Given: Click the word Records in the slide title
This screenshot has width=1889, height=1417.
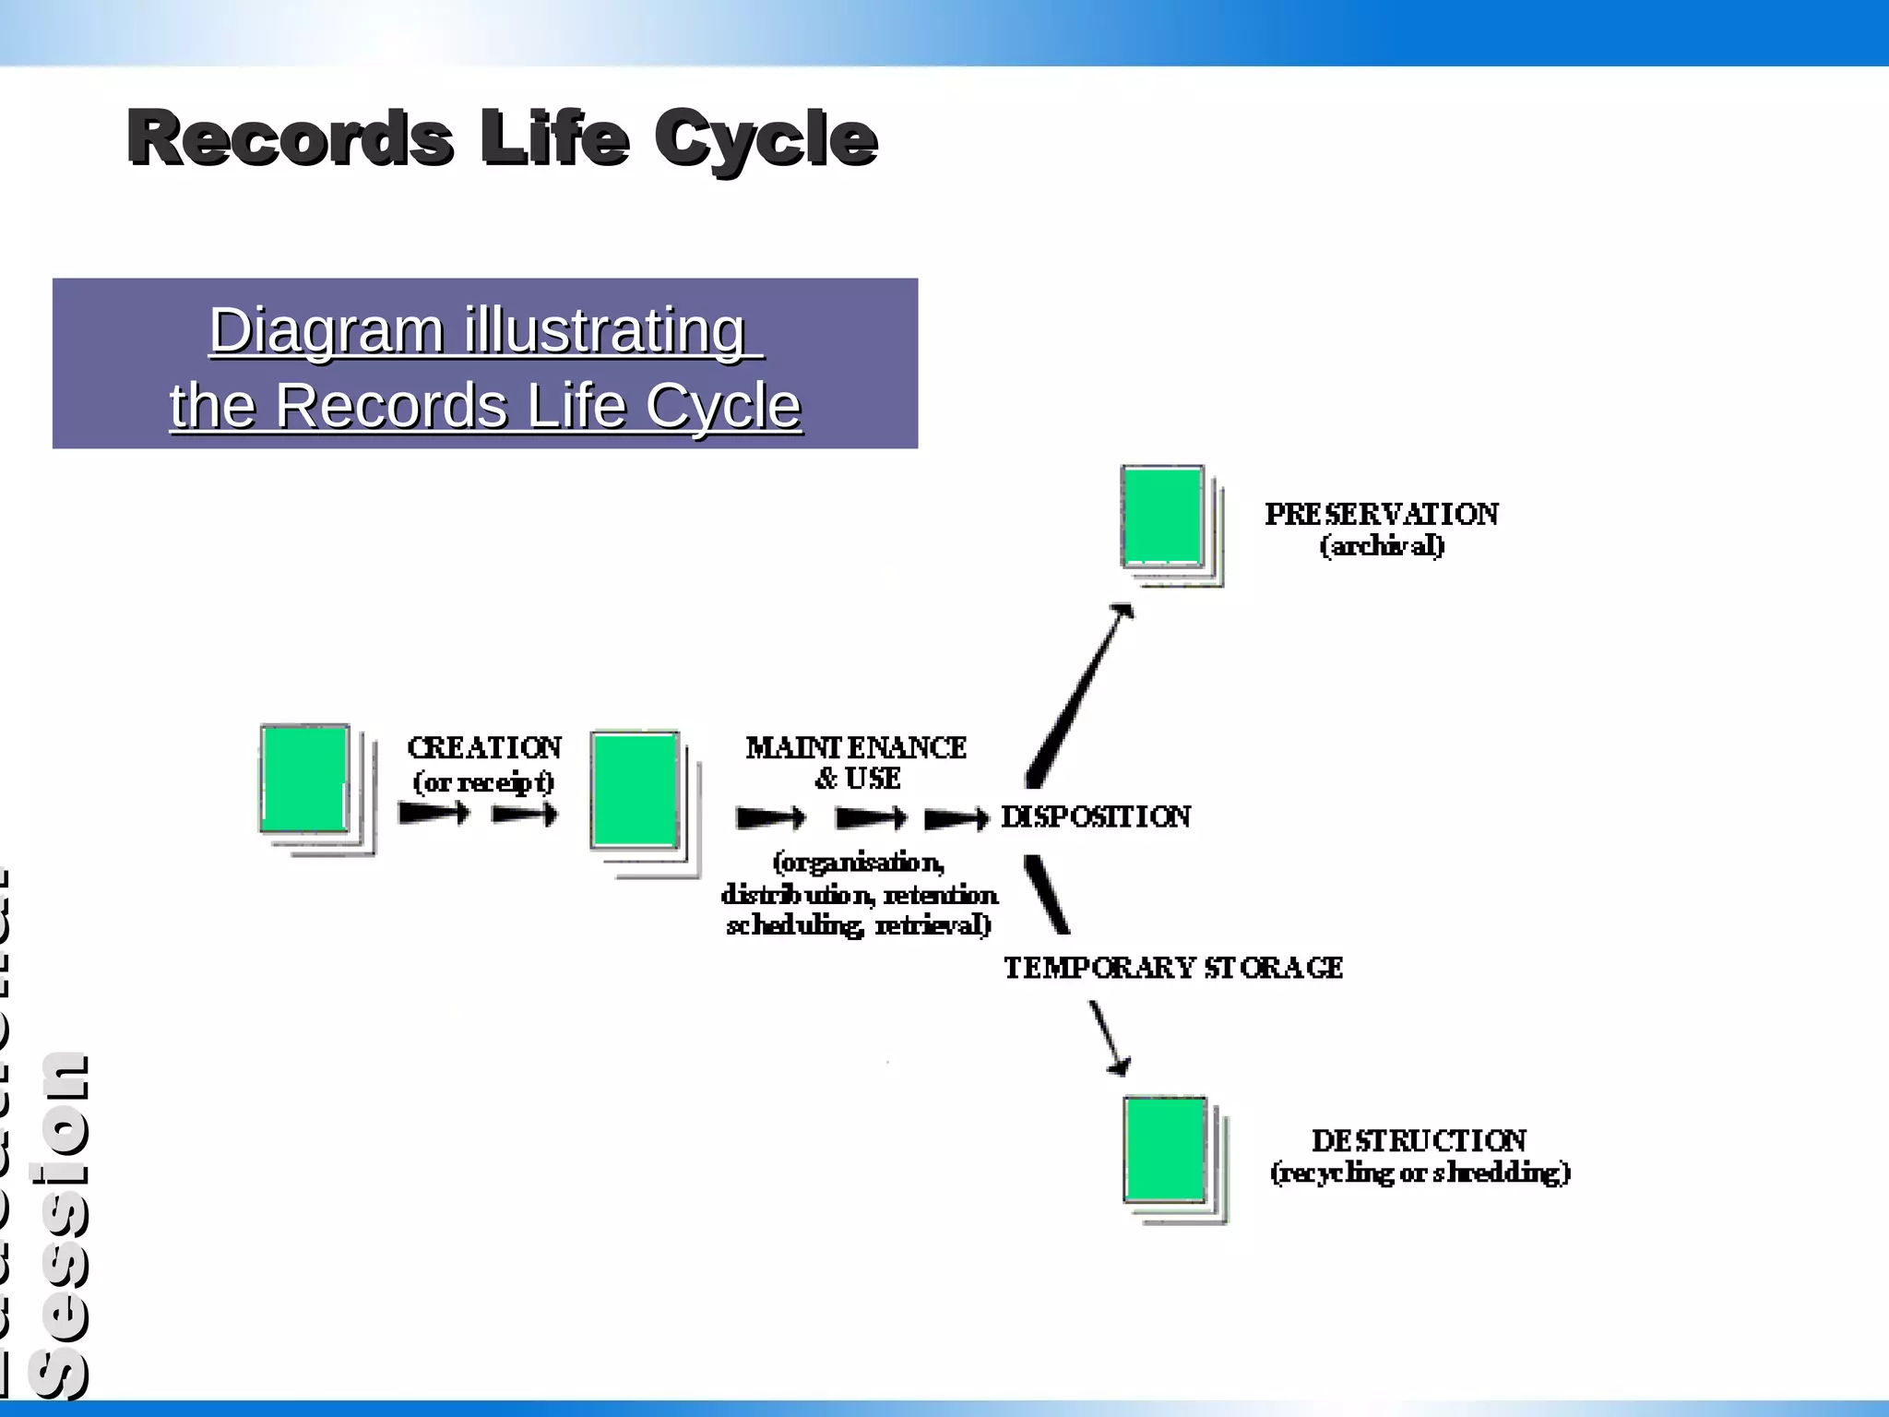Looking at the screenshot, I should point(290,138).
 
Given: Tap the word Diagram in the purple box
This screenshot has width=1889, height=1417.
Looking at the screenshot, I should point(327,330).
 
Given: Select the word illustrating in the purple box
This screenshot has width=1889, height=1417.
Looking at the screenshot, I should point(605,330).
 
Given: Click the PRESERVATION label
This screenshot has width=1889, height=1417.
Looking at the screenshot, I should point(1381,514).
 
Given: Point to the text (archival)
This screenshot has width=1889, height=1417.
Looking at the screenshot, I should point(1381,546).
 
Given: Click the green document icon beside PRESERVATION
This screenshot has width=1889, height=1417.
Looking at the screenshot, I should point(1163,517).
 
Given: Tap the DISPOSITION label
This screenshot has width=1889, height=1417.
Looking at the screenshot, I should point(1096,816).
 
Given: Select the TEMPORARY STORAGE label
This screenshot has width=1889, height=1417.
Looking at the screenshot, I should point(1172,968).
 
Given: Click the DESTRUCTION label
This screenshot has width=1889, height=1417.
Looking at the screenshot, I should point(1419,1141).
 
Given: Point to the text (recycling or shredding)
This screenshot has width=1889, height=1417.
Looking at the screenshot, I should point(1419,1173).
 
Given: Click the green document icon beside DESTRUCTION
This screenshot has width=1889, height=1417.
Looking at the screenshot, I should point(1165,1149).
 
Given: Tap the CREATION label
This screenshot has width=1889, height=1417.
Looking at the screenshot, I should point(484,747).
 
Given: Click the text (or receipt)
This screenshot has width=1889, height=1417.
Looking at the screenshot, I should point(484,782).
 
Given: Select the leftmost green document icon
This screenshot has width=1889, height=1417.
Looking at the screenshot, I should point(305,780).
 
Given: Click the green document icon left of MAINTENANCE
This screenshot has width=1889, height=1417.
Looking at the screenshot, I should point(636,791).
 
